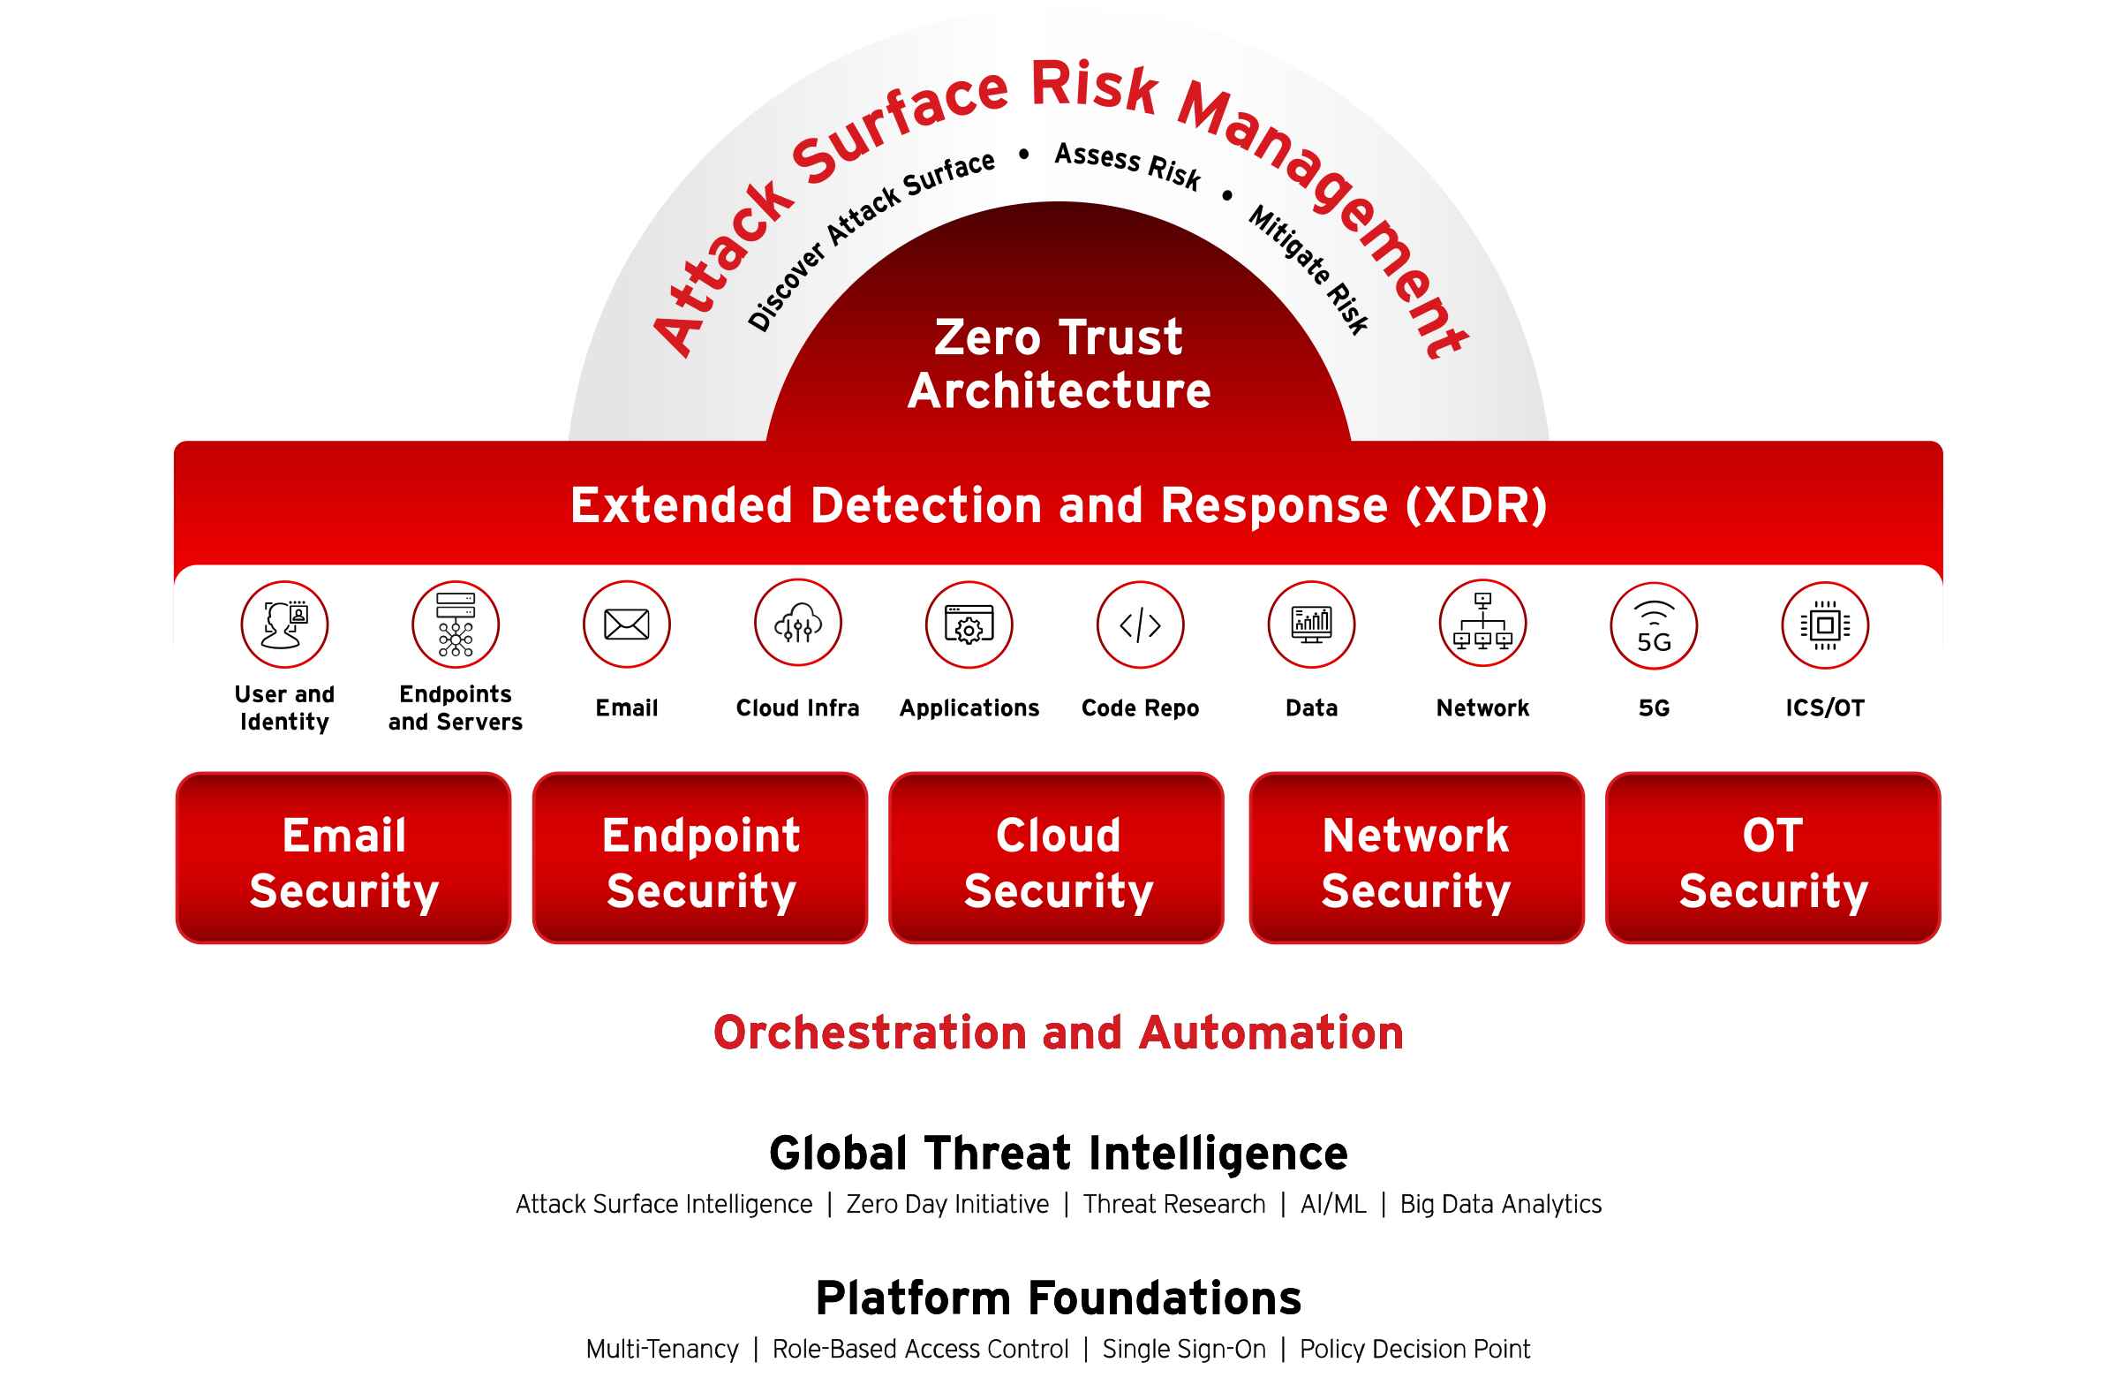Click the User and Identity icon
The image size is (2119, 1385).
click(285, 624)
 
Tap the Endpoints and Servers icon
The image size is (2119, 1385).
click(456, 624)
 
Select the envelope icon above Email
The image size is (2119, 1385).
click(627, 624)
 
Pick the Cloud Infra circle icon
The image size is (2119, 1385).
click(798, 624)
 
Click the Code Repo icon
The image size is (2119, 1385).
click(1141, 624)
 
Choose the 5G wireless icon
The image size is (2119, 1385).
click(1655, 625)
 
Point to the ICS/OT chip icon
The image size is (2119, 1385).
click(1825, 624)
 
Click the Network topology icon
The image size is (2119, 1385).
click(1483, 624)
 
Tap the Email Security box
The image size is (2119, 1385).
click(343, 858)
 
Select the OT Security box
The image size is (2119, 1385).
click(1774, 858)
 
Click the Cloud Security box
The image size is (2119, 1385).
click(1057, 858)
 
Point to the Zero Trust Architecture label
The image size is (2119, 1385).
click(1059, 363)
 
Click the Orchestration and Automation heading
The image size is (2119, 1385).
click(1059, 1033)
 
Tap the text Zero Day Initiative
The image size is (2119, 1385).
click(947, 1204)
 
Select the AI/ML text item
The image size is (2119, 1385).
click(1333, 1204)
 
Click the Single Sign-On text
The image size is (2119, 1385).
click(1184, 1350)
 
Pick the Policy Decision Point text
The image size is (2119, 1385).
click(1414, 1350)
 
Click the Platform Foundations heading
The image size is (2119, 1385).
click(1059, 1298)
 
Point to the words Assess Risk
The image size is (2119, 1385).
click(1127, 167)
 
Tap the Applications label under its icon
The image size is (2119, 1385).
click(969, 708)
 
